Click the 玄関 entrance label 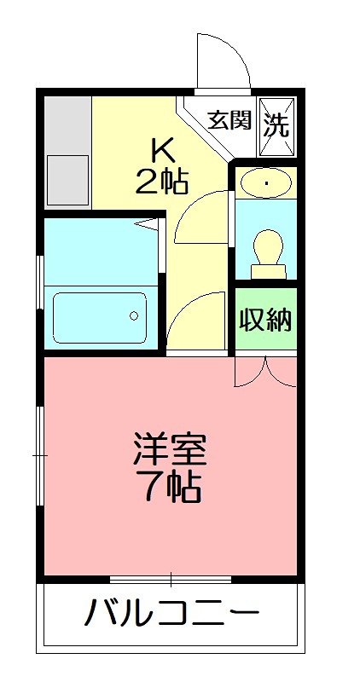coord(229,120)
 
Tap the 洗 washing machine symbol coord(276,125)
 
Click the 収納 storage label coord(265,321)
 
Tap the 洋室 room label coord(170,448)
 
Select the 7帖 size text coord(170,487)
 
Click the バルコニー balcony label coord(171,612)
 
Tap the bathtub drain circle coord(133,315)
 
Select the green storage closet coord(265,320)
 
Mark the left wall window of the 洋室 coord(39,456)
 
